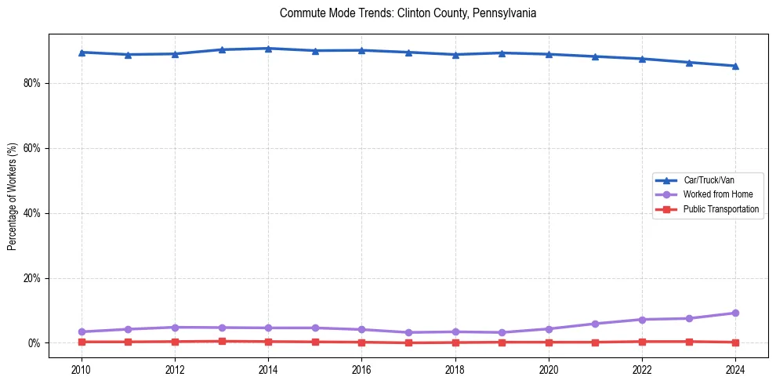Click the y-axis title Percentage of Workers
click(x=12, y=196)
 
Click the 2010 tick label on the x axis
click(x=82, y=369)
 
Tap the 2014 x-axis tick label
click(x=268, y=369)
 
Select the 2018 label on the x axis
click(x=455, y=369)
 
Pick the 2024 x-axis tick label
click(x=735, y=369)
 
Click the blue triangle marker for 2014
click(x=268, y=49)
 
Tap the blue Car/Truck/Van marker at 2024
click(x=735, y=66)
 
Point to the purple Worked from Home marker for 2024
click(x=735, y=313)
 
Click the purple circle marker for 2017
click(x=408, y=332)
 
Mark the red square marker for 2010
click(x=82, y=342)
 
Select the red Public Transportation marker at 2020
click(x=549, y=342)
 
